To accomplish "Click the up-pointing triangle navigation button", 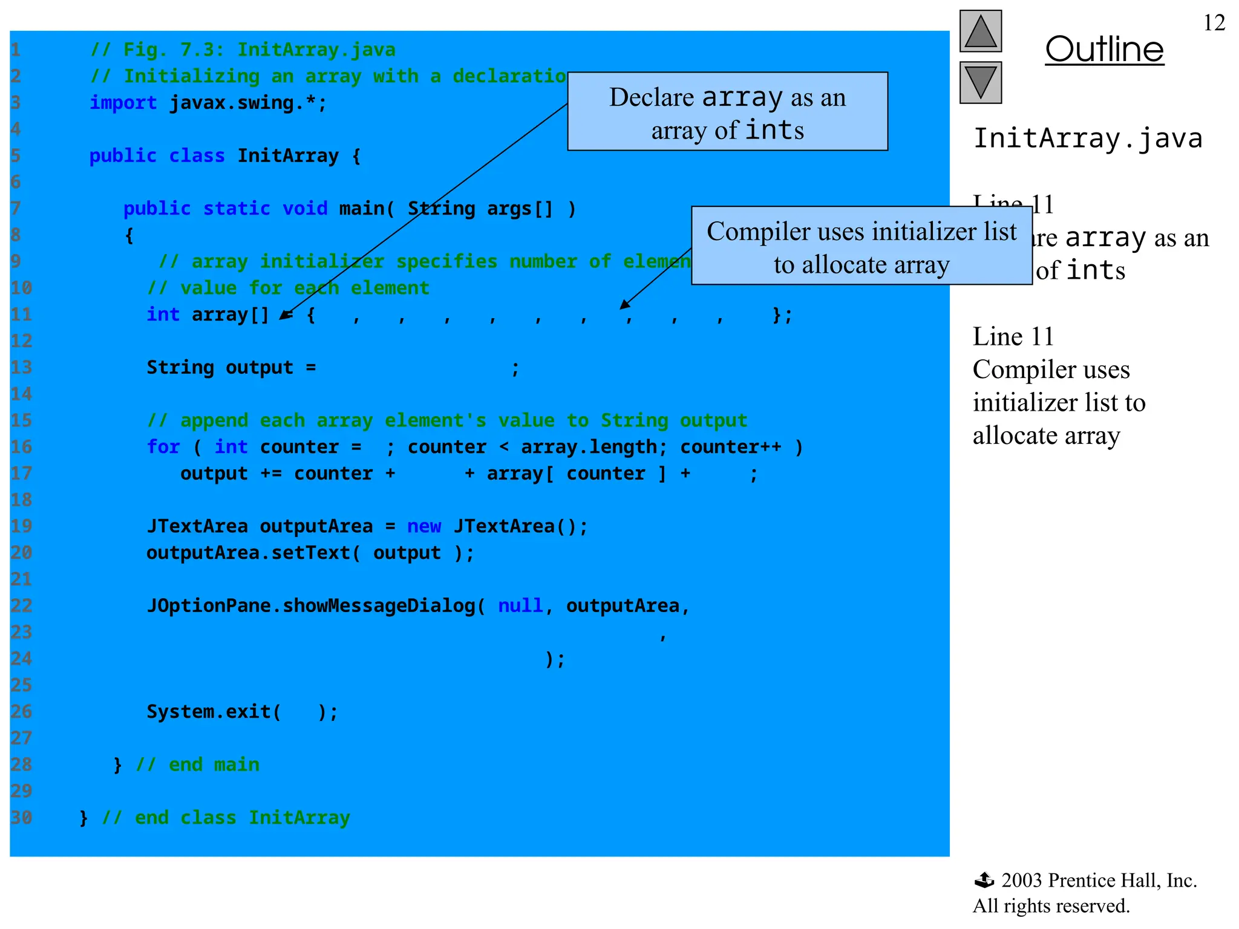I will click(980, 31).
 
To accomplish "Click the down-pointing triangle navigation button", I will click(980, 82).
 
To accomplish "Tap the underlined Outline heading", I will click(1104, 50).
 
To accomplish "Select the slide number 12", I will click(1214, 23).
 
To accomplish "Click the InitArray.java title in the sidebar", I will click(1087, 139).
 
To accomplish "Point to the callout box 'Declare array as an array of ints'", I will click(727, 112).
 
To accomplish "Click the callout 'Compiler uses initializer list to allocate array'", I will click(861, 246).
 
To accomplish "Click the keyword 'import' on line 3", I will click(123, 103).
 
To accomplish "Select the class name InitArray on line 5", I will click(287, 156).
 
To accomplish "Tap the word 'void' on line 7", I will click(305, 209).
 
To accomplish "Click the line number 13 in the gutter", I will click(21, 368).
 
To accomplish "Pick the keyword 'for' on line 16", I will click(163, 447).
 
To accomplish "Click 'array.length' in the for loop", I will click(589, 447).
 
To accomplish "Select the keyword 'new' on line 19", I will click(423, 526).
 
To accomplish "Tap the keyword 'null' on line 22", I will click(520, 605).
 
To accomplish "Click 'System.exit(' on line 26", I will click(214, 712).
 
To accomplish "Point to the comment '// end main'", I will click(198, 764).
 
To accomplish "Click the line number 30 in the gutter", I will click(21, 818).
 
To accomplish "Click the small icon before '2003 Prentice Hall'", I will click(984, 880).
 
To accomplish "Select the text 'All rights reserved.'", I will click(1051, 906).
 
